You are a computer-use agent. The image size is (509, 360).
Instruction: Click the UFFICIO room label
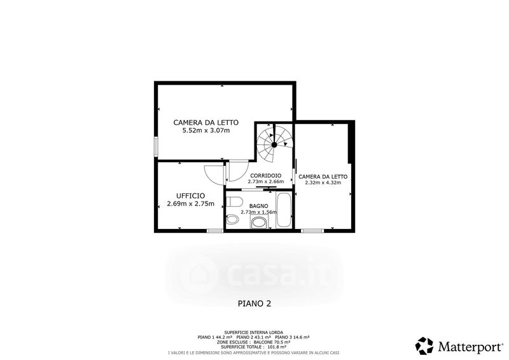pos(190,196)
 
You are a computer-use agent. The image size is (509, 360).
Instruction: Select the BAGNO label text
pos(259,206)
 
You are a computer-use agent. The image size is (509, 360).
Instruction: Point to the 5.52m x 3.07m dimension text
pos(206,130)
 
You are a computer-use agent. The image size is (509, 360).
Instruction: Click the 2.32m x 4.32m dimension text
pos(323,183)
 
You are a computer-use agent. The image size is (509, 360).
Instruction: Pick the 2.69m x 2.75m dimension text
pos(190,204)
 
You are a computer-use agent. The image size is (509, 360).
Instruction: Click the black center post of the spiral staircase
pos(274,145)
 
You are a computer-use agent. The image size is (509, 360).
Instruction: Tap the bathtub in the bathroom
pos(284,211)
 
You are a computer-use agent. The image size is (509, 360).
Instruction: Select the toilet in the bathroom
pos(234,202)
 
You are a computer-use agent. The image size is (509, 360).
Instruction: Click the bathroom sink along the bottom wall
pos(259,223)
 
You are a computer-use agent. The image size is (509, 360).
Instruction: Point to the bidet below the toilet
pos(232,220)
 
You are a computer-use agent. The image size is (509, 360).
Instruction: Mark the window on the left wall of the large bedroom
pos(156,147)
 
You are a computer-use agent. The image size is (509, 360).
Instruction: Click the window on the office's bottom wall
pos(215,231)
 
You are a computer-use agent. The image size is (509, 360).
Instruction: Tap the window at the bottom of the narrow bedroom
pos(312,231)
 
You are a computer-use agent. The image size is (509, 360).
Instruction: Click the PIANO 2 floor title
pos(254,303)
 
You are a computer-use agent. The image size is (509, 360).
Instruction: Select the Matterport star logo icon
pos(424,346)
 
